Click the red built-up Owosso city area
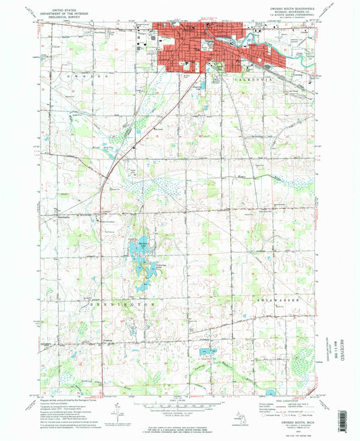tap(203, 47)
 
